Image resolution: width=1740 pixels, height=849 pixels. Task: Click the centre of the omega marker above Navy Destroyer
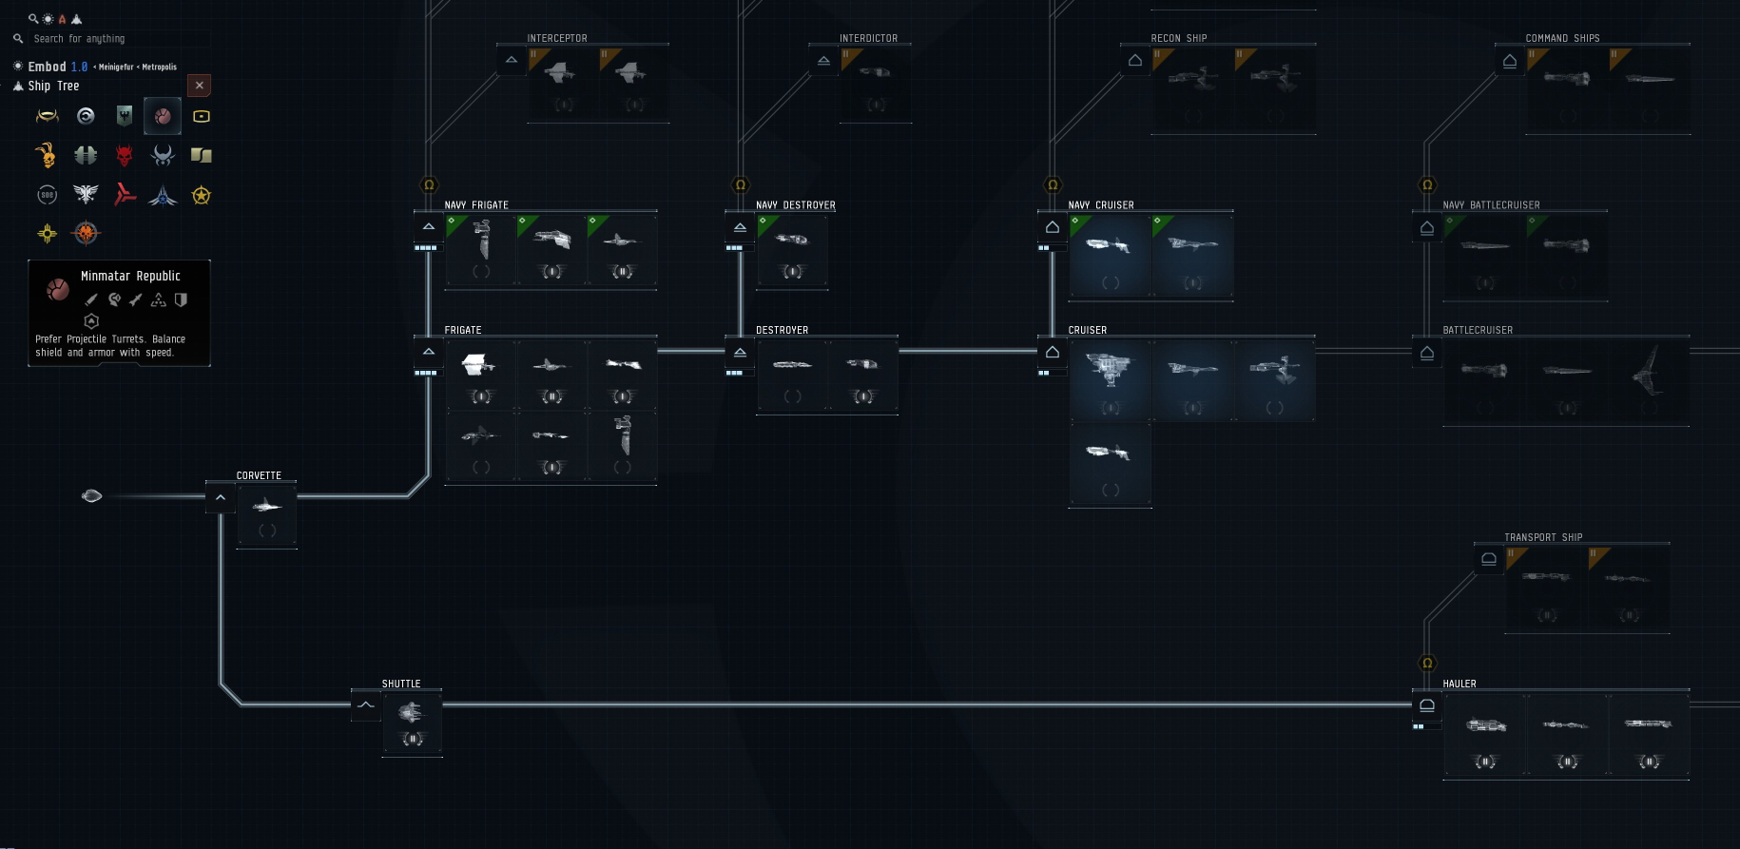[x=741, y=184]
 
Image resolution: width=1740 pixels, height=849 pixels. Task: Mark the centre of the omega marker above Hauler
[x=1427, y=663]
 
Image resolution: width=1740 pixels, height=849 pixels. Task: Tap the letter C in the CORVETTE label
[x=240, y=475]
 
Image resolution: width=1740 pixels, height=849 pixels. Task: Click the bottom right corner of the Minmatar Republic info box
[x=210, y=366]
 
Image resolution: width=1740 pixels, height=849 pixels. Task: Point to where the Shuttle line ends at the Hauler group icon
[x=1412, y=704]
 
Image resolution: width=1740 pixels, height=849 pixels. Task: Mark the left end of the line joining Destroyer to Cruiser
[x=899, y=351]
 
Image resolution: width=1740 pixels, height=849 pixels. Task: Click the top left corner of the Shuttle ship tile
[x=383, y=692]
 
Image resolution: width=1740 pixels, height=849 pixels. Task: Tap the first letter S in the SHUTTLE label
[x=385, y=684]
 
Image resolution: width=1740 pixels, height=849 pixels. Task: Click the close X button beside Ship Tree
[x=199, y=86]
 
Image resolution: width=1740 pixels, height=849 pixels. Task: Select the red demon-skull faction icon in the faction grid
[x=124, y=155]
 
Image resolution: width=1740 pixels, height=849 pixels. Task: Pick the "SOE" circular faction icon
[x=47, y=195]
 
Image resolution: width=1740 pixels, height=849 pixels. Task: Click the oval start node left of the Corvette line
[x=91, y=495]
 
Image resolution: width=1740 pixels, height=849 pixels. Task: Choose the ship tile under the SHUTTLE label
[x=413, y=724]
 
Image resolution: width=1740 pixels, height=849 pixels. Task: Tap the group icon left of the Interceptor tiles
[x=512, y=60]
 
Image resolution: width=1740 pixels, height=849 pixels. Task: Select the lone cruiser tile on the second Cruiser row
[x=1110, y=465]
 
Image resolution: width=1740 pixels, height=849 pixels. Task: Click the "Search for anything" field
[x=112, y=39]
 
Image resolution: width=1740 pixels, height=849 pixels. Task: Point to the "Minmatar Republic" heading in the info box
[x=130, y=276]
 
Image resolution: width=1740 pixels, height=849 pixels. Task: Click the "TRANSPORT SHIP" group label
[x=1543, y=537]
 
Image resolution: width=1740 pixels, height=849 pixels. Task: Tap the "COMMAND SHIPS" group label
[x=1562, y=38]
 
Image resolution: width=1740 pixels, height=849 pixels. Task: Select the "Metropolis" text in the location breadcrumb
[x=160, y=67]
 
